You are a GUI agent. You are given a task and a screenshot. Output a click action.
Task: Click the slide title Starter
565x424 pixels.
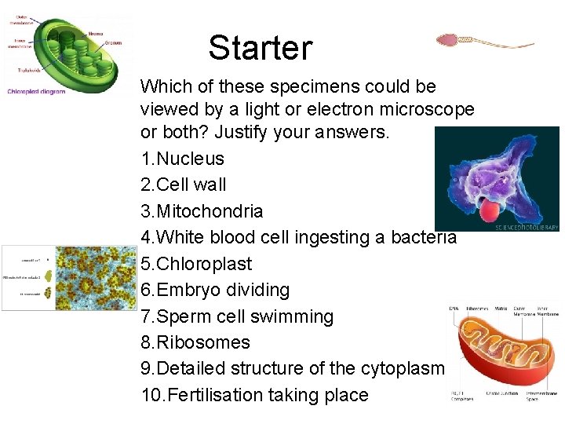[260, 48]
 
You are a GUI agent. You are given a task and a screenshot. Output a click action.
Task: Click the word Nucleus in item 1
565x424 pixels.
[191, 159]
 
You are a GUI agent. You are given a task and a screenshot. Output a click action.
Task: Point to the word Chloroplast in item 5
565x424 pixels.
[205, 264]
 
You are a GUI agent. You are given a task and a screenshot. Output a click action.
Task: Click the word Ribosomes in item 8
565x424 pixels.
[203, 342]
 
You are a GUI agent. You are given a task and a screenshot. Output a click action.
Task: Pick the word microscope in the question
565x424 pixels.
[428, 109]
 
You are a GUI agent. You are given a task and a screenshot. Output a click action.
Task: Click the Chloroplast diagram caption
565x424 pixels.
[36, 90]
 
